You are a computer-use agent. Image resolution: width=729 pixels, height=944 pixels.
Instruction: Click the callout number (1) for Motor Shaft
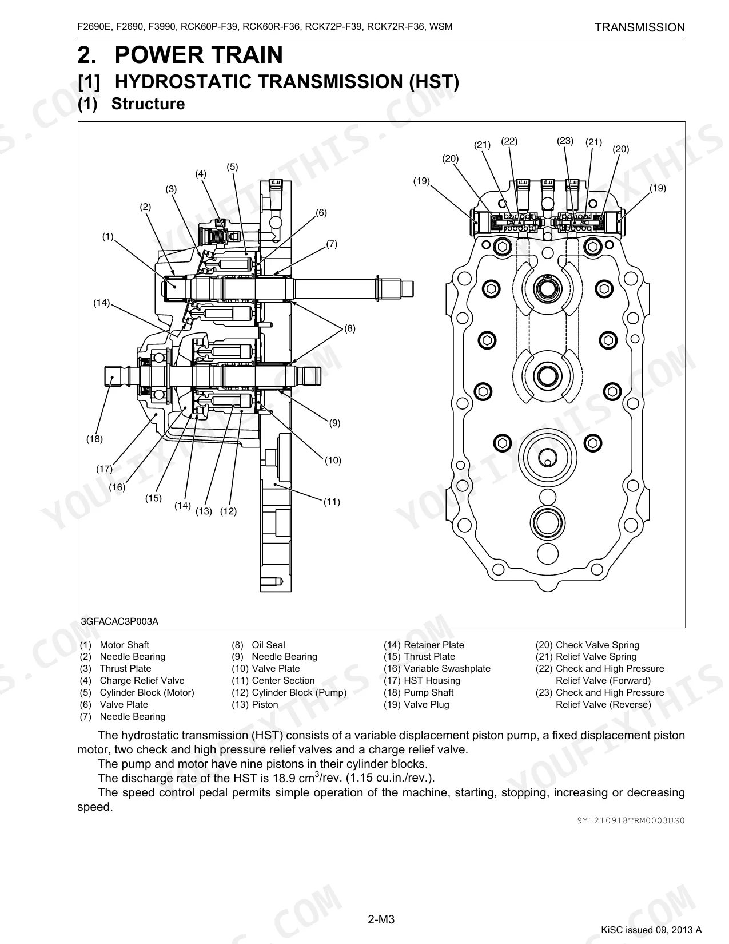pyautogui.click(x=107, y=237)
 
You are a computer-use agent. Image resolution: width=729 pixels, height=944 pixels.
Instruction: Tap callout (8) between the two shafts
pyautogui.click(x=350, y=328)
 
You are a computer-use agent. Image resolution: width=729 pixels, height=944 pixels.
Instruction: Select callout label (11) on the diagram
pyautogui.click(x=332, y=502)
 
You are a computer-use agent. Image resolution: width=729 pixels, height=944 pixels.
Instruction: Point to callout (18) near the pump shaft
pyautogui.click(x=95, y=439)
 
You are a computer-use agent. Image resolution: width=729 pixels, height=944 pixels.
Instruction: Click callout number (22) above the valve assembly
pyautogui.click(x=509, y=141)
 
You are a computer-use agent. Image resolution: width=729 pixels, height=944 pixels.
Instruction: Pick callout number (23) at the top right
pyautogui.click(x=565, y=141)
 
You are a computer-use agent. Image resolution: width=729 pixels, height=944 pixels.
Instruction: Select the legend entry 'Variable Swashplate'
pyautogui.click(x=447, y=669)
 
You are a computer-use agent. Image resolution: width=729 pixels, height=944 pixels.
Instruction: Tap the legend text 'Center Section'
pyautogui.click(x=283, y=681)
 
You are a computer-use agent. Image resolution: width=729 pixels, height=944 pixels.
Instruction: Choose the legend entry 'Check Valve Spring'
pyautogui.click(x=597, y=645)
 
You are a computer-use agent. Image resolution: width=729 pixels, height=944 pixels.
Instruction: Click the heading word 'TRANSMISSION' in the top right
pyautogui.click(x=640, y=27)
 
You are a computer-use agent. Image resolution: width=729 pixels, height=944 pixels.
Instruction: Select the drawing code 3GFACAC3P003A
pyautogui.click(x=119, y=622)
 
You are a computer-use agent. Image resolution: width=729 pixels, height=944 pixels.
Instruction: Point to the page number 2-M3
pyautogui.click(x=381, y=919)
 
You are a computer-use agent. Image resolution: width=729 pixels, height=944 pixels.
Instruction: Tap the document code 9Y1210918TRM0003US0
pyautogui.click(x=631, y=820)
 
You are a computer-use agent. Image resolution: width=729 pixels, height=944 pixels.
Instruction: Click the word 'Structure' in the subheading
pyautogui.click(x=148, y=104)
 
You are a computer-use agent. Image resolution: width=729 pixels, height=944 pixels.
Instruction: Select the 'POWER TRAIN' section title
pyautogui.click(x=198, y=55)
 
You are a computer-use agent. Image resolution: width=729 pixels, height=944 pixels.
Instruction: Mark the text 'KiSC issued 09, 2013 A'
pyautogui.click(x=651, y=930)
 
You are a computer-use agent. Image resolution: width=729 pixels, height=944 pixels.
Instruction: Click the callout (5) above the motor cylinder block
pyautogui.click(x=232, y=167)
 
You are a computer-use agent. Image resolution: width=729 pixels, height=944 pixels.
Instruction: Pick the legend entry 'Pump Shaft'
pyautogui.click(x=429, y=692)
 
